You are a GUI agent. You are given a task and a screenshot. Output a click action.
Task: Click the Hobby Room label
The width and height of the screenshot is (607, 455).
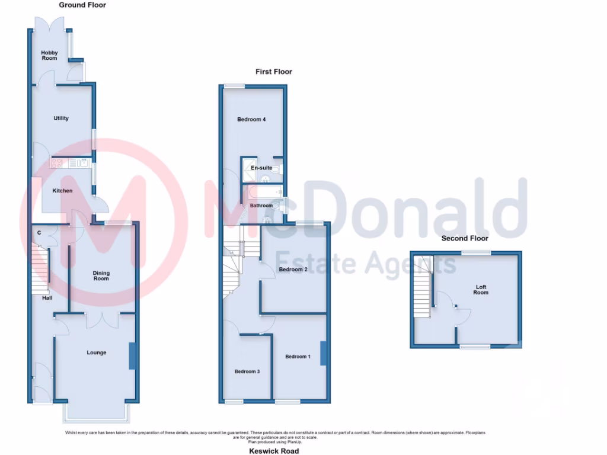coord(49,55)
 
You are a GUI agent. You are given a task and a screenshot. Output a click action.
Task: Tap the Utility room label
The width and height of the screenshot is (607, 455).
coord(61,118)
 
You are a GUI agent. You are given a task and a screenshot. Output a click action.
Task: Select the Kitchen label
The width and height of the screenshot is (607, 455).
coord(62,191)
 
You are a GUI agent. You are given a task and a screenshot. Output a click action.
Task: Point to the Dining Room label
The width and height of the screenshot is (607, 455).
coord(101,276)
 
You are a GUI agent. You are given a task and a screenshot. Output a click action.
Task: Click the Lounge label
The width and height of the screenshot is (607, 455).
coord(97,353)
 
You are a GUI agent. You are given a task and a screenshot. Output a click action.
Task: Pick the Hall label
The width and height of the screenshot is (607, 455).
coord(47,298)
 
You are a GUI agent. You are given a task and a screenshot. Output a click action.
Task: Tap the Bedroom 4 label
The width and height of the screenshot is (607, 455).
coord(251,120)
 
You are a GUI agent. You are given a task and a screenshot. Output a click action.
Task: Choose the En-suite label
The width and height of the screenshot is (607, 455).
coord(261,168)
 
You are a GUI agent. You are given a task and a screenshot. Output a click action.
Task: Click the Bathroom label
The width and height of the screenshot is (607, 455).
coord(261,206)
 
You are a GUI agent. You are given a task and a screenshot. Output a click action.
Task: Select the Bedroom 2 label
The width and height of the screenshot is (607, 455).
coord(293,270)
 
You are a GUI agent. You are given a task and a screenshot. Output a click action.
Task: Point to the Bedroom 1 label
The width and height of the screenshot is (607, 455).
coord(298,357)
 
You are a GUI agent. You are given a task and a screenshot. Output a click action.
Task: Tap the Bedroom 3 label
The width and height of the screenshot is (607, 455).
coord(247,371)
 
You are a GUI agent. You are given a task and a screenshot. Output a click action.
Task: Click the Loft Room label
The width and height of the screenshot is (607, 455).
coord(481,290)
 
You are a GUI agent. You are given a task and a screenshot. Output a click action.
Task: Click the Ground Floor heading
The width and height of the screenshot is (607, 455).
coord(82,5)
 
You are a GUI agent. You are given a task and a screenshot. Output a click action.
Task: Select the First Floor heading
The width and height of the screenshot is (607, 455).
coord(274,72)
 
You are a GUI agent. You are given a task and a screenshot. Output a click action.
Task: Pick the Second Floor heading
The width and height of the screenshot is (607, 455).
coord(465,238)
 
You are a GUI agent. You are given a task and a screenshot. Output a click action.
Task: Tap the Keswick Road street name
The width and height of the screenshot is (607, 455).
coord(274,451)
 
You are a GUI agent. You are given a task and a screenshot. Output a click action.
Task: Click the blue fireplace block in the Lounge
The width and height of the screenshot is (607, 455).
coord(132,356)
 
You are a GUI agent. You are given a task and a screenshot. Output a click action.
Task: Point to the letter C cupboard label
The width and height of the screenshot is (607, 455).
coord(39,232)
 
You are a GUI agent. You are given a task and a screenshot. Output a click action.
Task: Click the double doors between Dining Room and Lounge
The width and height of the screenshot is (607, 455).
coord(101,320)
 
